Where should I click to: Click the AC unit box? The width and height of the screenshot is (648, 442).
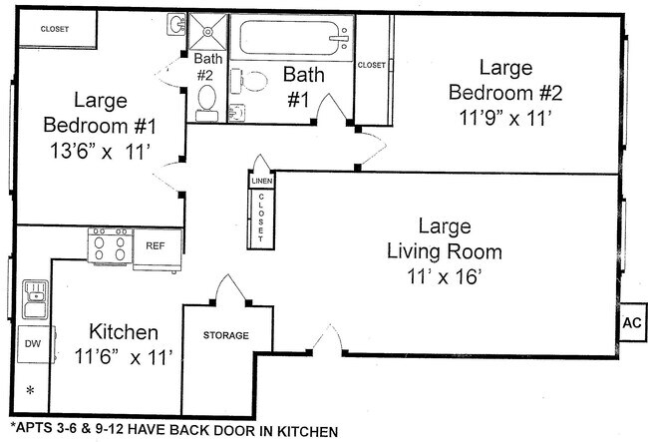coord(632,322)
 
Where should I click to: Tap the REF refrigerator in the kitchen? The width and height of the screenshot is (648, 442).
coord(158,249)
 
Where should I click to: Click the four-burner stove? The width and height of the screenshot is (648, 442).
coord(110,245)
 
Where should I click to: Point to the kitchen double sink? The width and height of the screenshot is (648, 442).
coord(35,299)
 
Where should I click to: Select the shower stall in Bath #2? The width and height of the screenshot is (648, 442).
coord(208,32)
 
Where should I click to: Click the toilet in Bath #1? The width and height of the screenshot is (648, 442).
coord(249,81)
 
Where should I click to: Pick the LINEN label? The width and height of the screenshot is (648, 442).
coord(262,182)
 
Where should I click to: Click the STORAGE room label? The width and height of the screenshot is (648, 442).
coord(226,335)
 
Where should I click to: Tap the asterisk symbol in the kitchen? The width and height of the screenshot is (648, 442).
coord(30,390)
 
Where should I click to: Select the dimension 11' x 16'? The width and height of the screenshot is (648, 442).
coord(445,276)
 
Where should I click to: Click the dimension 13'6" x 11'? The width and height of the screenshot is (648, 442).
coord(99,151)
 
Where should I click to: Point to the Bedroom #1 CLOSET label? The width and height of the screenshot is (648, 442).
coord(55,29)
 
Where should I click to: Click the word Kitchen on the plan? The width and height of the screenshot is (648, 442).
coord(124,332)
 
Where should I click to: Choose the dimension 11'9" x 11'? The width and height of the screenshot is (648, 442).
coord(505,118)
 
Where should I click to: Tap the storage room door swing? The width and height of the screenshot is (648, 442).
coord(229,289)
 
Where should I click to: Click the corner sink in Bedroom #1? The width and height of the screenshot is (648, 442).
coord(176,24)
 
